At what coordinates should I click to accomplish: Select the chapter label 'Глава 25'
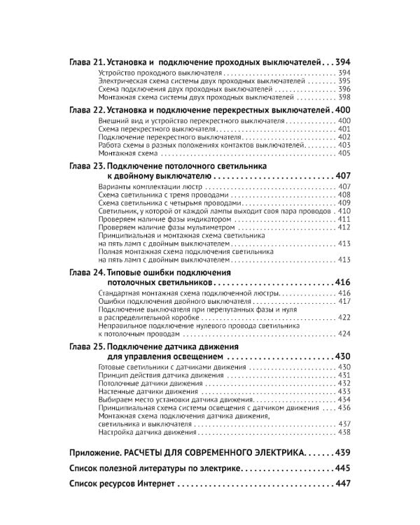point(87,346)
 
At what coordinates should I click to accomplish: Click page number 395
point(343,81)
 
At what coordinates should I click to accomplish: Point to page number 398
point(343,99)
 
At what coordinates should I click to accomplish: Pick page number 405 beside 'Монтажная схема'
point(343,153)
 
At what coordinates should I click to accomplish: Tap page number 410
point(343,211)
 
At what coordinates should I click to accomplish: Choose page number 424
point(343,334)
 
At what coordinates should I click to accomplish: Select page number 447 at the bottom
point(342,484)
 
